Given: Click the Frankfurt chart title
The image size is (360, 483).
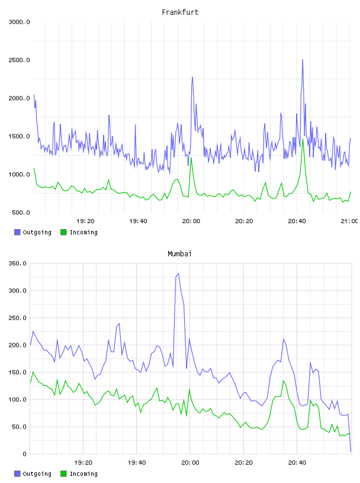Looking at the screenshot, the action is pos(180,12).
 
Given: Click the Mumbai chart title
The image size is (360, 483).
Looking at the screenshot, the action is pos(179,254).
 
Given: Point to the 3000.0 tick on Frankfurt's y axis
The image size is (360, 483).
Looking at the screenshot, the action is pos(19,22).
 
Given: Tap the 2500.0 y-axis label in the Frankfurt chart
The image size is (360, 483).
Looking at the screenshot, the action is pos(19,60).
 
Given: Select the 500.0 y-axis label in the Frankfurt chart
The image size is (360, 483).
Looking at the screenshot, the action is pos(21,212).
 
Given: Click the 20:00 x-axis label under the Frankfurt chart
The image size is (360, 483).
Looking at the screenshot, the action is pos(191,221).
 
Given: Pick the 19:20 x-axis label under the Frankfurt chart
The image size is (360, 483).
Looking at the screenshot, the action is pos(85,221).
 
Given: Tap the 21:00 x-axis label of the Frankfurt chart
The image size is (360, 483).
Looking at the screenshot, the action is pos(349,221).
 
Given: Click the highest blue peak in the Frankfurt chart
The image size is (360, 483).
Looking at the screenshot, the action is pos(303,60).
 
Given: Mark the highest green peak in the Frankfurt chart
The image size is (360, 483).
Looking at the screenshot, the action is pos(303,139).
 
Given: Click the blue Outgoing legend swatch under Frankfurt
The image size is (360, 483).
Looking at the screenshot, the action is pos(17,232).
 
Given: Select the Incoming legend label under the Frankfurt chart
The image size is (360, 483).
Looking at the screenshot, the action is pos(83,233).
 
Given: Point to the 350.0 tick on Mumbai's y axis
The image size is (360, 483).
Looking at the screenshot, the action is pos(17,263).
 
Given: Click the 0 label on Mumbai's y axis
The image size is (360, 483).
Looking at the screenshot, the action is pos(24,454).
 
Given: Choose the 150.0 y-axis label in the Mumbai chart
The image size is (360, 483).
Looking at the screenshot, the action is pos(17,372).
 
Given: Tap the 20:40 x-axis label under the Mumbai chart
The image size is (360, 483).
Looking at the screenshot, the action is pos(297,463).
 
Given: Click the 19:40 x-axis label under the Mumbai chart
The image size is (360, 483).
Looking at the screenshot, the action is pos(137,463).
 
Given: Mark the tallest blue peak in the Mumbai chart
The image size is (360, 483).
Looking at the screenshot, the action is pos(178,273).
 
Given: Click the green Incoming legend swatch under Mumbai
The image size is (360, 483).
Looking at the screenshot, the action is pos(63,474).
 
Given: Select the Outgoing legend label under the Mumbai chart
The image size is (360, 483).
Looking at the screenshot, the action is pos(37,474).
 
